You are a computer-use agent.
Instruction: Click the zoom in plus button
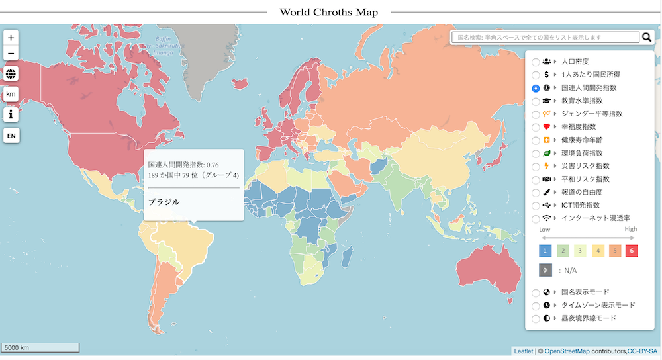(11, 38)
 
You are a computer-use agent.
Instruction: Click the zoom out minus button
(11, 54)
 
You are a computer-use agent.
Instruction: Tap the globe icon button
(11, 74)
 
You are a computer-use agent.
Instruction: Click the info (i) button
(11, 114)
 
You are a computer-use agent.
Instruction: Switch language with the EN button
(11, 136)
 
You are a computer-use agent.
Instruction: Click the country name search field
(545, 38)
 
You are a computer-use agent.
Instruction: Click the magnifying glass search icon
(647, 38)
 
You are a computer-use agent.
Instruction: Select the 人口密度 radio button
(536, 62)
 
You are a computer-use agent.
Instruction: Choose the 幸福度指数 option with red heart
(536, 127)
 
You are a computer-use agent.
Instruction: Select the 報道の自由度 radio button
(536, 193)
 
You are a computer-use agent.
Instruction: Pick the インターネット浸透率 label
(595, 218)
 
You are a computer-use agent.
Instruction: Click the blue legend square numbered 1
(545, 251)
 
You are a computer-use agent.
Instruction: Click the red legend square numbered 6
(631, 251)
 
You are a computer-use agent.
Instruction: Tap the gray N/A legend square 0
(545, 270)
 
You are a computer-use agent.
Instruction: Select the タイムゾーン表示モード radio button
(536, 306)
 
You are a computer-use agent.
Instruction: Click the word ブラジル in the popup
(164, 202)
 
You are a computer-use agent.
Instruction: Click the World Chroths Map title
(328, 12)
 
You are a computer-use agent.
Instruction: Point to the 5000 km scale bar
(40, 347)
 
